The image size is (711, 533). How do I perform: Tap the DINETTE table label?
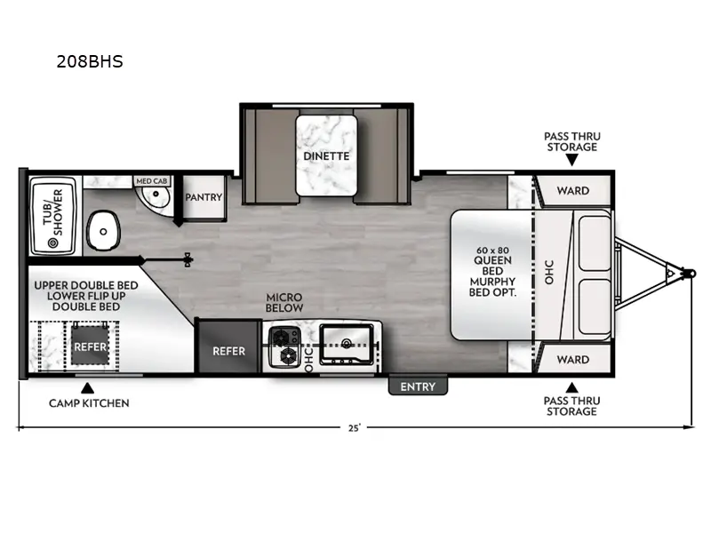[325, 155]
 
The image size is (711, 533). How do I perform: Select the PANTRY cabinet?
[203, 197]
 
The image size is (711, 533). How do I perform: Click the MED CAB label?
[150, 180]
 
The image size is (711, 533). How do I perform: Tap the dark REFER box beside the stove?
[228, 350]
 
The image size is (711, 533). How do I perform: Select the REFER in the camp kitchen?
[90, 346]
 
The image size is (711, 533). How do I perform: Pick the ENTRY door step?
[418, 386]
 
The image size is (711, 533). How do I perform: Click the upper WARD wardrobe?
[572, 190]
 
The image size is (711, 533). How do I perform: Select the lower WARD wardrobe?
[572, 360]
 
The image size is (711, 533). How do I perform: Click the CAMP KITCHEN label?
[89, 403]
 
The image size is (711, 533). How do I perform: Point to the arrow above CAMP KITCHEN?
[87, 387]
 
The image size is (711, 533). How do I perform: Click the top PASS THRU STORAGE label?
[572, 141]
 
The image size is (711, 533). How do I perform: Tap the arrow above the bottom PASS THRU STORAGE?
[572, 387]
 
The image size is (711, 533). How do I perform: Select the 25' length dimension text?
[354, 428]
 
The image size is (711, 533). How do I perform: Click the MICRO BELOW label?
[284, 302]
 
